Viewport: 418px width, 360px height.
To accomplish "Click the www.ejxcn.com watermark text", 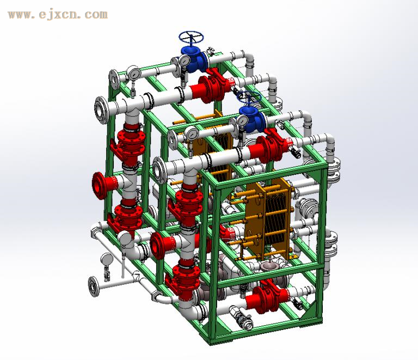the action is tap(58, 14).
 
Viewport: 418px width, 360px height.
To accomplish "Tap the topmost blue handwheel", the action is tap(191, 37).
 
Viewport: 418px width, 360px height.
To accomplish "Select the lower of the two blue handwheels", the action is tap(249, 97).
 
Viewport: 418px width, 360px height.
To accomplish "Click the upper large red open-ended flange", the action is tap(101, 185).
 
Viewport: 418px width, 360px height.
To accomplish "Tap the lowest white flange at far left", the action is tap(93, 286).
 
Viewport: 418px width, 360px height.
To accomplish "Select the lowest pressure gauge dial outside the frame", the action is tap(107, 259).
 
